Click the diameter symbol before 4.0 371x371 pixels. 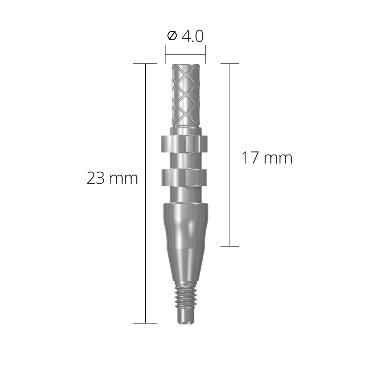tap(172, 36)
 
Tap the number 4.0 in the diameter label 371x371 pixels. tap(192, 36)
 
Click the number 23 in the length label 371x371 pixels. tap(95, 179)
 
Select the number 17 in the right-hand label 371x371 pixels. tap(250, 158)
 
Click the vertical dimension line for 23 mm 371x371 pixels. tap(146, 206)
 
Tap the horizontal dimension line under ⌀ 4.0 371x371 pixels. tap(185, 55)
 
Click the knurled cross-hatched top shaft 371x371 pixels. tap(185, 94)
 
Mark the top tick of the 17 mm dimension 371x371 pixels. tap(229, 64)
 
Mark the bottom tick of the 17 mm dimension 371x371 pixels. tap(229, 246)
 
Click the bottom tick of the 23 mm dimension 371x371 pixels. tap(145, 323)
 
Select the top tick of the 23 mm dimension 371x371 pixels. tap(145, 64)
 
